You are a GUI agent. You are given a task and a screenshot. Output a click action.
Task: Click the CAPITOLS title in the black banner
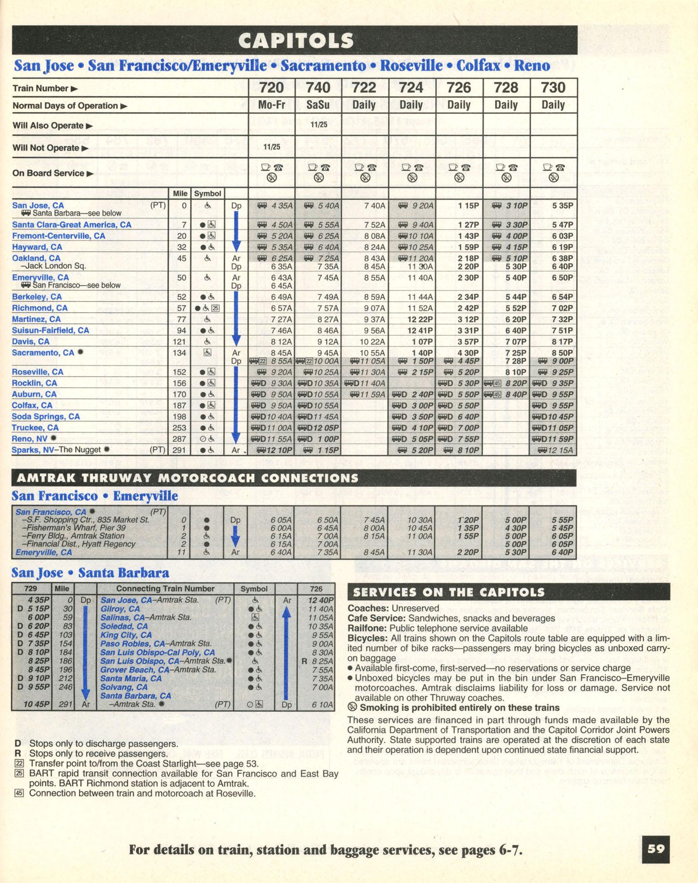pyautogui.click(x=296, y=41)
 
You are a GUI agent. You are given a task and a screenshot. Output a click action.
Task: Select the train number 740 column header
pyautogui.click(x=318, y=87)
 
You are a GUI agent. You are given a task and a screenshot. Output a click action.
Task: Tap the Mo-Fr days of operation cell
pyautogui.click(x=271, y=105)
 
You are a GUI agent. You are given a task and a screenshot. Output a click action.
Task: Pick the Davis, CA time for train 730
pyautogui.click(x=562, y=341)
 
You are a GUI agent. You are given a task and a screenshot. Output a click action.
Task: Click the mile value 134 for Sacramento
pyautogui.click(x=179, y=353)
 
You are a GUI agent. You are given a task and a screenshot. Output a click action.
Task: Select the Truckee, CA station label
pyautogui.click(x=35, y=427)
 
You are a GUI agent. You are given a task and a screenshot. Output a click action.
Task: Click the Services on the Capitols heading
pyautogui.click(x=449, y=592)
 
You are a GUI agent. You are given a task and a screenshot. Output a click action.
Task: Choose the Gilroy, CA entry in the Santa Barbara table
pyautogui.click(x=120, y=609)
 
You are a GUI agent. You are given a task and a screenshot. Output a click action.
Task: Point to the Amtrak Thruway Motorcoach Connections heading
pyautogui.click(x=187, y=478)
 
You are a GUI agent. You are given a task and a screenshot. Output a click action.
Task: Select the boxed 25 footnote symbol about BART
pyautogui.click(x=19, y=774)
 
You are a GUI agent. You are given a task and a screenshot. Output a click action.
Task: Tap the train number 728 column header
pyautogui.click(x=506, y=87)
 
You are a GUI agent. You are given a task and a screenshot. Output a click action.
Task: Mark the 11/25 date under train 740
pyautogui.click(x=318, y=124)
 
